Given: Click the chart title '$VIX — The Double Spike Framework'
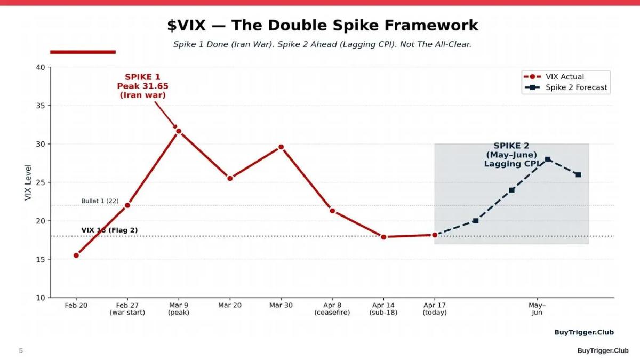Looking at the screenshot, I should (323, 25).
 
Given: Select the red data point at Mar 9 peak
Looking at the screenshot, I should (179, 131).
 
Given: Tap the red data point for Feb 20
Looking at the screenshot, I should (76, 255).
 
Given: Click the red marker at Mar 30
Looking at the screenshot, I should (281, 147).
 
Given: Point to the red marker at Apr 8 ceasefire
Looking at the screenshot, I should (332, 211).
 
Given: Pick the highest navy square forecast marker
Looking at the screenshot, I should (548, 159).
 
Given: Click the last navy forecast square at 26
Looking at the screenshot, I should (578, 175).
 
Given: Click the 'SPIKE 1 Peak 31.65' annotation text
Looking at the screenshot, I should (142, 86).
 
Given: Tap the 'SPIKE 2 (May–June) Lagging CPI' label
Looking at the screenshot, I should (510, 155).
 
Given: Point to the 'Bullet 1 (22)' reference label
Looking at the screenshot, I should (100, 201).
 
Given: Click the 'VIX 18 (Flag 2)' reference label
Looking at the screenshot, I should (109, 230).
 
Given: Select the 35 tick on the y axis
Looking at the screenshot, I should (41, 106).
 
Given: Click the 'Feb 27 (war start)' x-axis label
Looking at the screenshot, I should (127, 309).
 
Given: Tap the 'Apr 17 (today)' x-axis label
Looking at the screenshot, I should (435, 309).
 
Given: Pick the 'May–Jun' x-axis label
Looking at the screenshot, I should (537, 309).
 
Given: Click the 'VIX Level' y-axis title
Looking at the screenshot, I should (28, 182).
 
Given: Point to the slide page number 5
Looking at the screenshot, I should (21, 350).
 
